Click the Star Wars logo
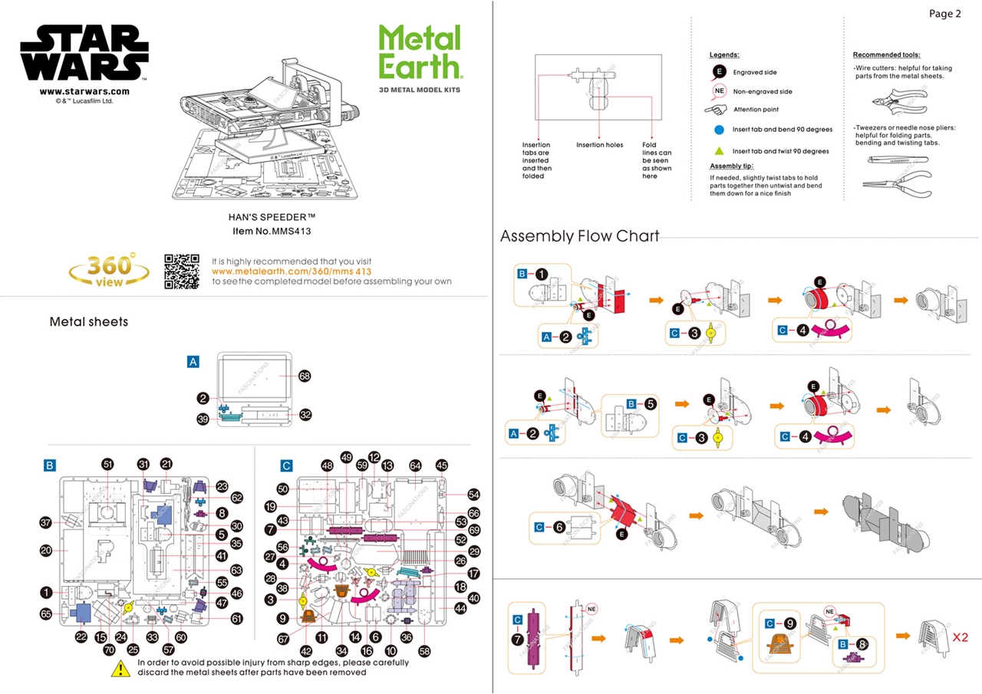pos(84,52)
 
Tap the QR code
pos(182,271)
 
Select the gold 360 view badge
pos(110,269)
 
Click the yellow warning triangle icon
pos(120,668)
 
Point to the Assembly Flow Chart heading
pos(579,236)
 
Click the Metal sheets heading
pos(89,322)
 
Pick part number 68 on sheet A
pos(305,376)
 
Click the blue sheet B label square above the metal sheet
pos(51,465)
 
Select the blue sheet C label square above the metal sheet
pos(286,465)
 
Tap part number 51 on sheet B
pos(107,464)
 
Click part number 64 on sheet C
pos(415,465)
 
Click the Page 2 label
pos(944,14)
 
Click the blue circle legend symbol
pos(719,130)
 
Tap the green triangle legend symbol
pos(719,151)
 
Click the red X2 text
pos(961,636)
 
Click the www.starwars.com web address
pos(84,91)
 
